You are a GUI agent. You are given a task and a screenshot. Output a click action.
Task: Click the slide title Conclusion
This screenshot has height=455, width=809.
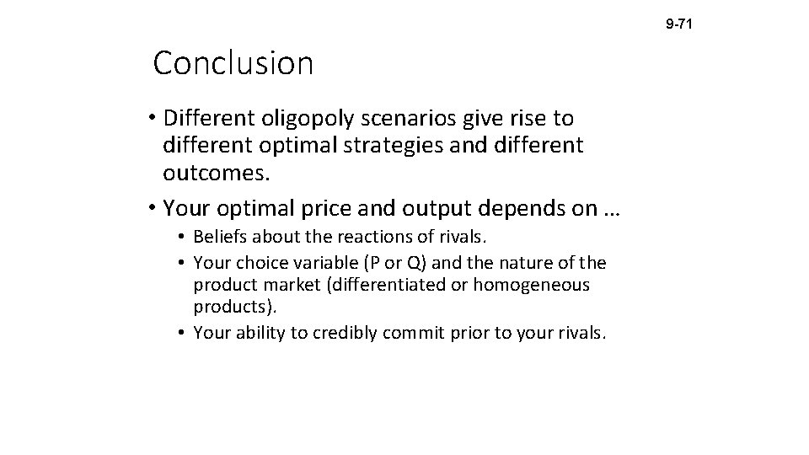click(233, 64)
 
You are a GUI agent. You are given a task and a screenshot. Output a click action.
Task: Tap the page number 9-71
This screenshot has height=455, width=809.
click(678, 25)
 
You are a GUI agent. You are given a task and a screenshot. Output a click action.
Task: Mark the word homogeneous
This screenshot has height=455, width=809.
click(532, 286)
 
